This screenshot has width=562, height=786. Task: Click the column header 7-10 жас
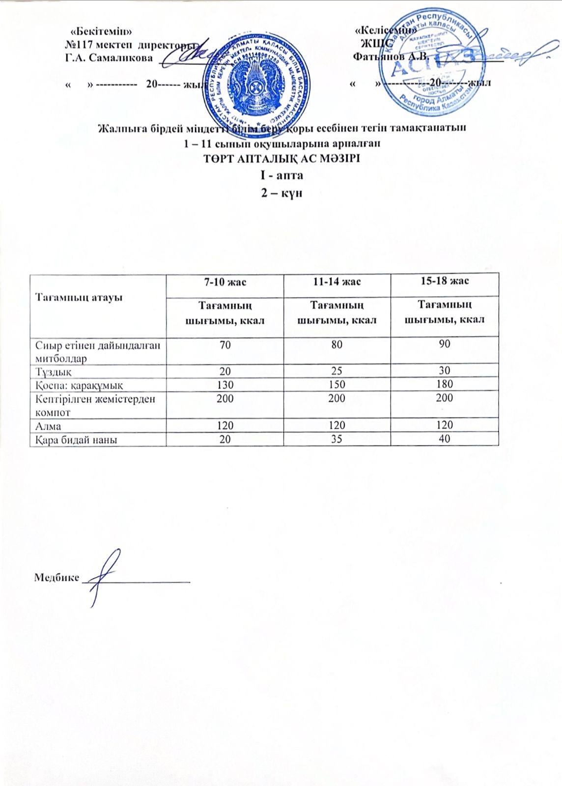tap(225, 282)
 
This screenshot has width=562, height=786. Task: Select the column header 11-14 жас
tap(337, 281)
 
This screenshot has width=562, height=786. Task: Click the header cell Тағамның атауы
tap(79, 298)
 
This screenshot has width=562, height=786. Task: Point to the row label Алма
tap(48, 425)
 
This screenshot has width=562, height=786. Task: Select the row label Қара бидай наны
tap(76, 440)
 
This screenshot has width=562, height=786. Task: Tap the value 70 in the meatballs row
tap(225, 345)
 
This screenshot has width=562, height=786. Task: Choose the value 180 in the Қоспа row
tap(445, 384)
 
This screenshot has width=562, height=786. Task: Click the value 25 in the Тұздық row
tap(337, 371)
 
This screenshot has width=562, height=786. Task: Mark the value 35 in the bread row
tap(337, 439)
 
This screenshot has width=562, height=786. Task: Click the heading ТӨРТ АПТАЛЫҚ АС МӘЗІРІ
tap(281, 159)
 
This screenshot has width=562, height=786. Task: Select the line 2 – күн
tap(281, 193)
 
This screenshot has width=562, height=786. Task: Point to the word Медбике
tap(56, 578)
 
